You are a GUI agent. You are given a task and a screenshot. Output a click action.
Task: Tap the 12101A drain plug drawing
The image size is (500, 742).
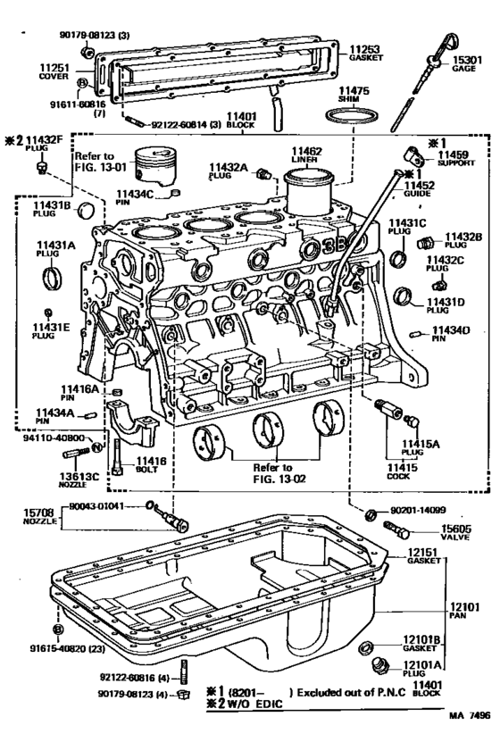[379, 668]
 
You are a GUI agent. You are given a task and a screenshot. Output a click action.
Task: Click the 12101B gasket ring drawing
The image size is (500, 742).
[365, 646]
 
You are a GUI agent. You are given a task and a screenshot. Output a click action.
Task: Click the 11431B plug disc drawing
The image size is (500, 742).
[86, 211]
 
